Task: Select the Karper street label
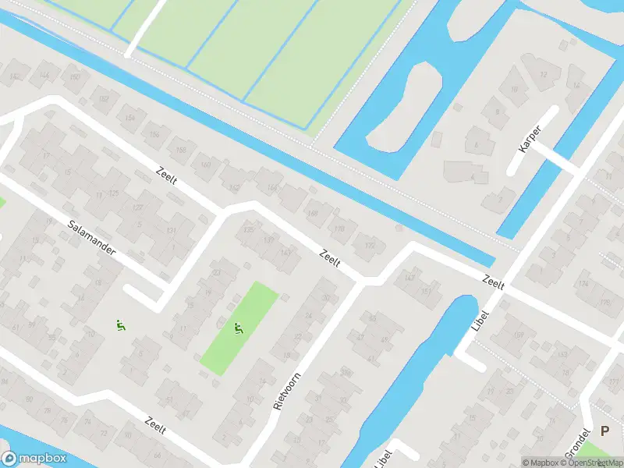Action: (x=530, y=137)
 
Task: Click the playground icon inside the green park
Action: (x=239, y=328)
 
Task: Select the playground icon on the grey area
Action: (x=120, y=325)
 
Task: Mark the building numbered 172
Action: (x=370, y=246)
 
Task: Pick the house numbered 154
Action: (x=129, y=117)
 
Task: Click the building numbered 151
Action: (x=426, y=292)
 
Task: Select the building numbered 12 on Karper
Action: (x=544, y=75)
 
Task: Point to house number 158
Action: (x=181, y=150)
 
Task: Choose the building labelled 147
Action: (x=409, y=277)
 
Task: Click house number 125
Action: (x=114, y=193)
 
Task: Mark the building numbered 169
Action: (x=519, y=335)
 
